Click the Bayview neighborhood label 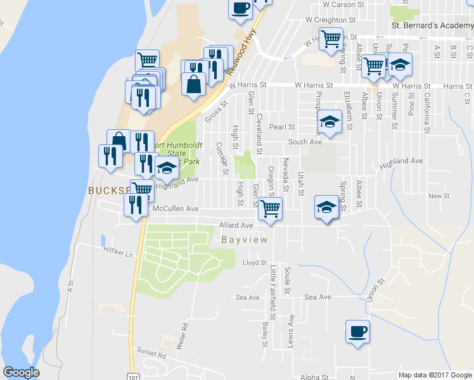[245, 240]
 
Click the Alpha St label [314, 377]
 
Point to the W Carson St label [343, 4]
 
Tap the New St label [439, 196]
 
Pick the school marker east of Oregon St [326, 208]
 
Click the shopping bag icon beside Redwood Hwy [193, 84]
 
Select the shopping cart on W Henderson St [331, 39]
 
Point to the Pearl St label [283, 127]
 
